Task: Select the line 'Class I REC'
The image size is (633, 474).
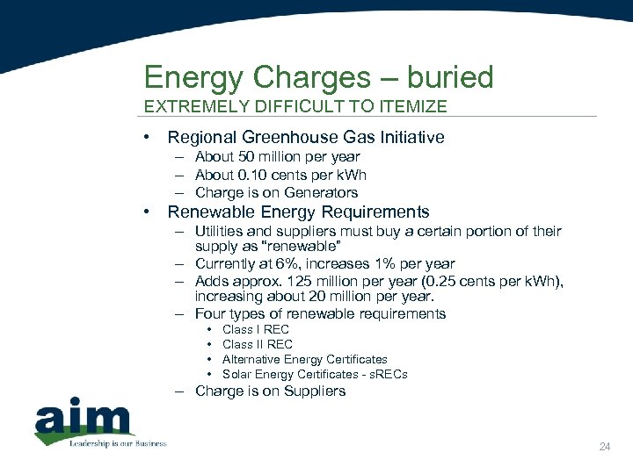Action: (256, 329)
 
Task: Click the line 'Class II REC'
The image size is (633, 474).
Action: (258, 344)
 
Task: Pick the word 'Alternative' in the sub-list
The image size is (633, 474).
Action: (251, 359)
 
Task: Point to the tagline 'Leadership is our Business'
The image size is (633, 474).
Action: (118, 443)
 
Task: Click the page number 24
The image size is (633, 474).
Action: (604, 448)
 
